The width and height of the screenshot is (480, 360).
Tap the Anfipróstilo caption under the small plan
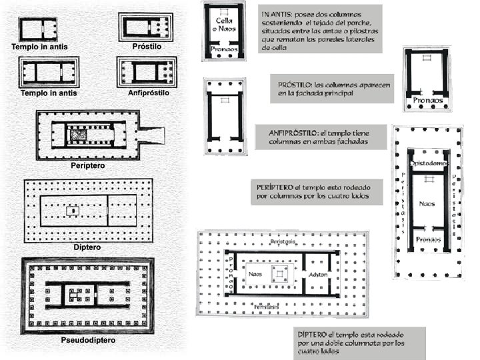tap(148, 93)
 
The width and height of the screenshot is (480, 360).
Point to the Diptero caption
tap(87, 247)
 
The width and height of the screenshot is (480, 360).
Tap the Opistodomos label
tap(427, 163)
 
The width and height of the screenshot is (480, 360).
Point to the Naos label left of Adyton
tap(254, 273)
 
